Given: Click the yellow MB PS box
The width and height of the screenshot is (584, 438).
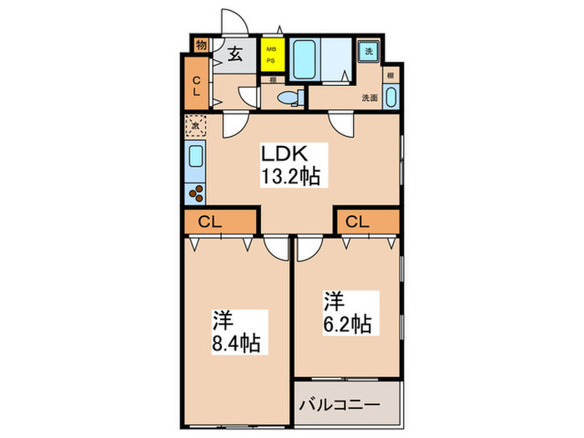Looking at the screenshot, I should tap(271, 57).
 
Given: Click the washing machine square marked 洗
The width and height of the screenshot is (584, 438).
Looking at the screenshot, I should tap(370, 51).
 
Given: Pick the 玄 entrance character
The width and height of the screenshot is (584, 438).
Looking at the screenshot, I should tap(235, 56).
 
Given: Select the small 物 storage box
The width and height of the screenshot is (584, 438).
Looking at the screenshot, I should tap(201, 45).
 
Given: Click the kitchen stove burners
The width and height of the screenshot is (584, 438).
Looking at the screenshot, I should tap(197, 194).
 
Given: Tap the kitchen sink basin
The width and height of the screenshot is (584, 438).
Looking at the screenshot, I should tap(195, 157).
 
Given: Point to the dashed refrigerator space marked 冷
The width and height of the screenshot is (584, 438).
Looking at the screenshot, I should tap(195, 127).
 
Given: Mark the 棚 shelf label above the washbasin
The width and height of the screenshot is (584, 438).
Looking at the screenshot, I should tap(390, 74).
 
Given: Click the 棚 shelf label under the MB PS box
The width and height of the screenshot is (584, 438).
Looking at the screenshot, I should tap(273, 81).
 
